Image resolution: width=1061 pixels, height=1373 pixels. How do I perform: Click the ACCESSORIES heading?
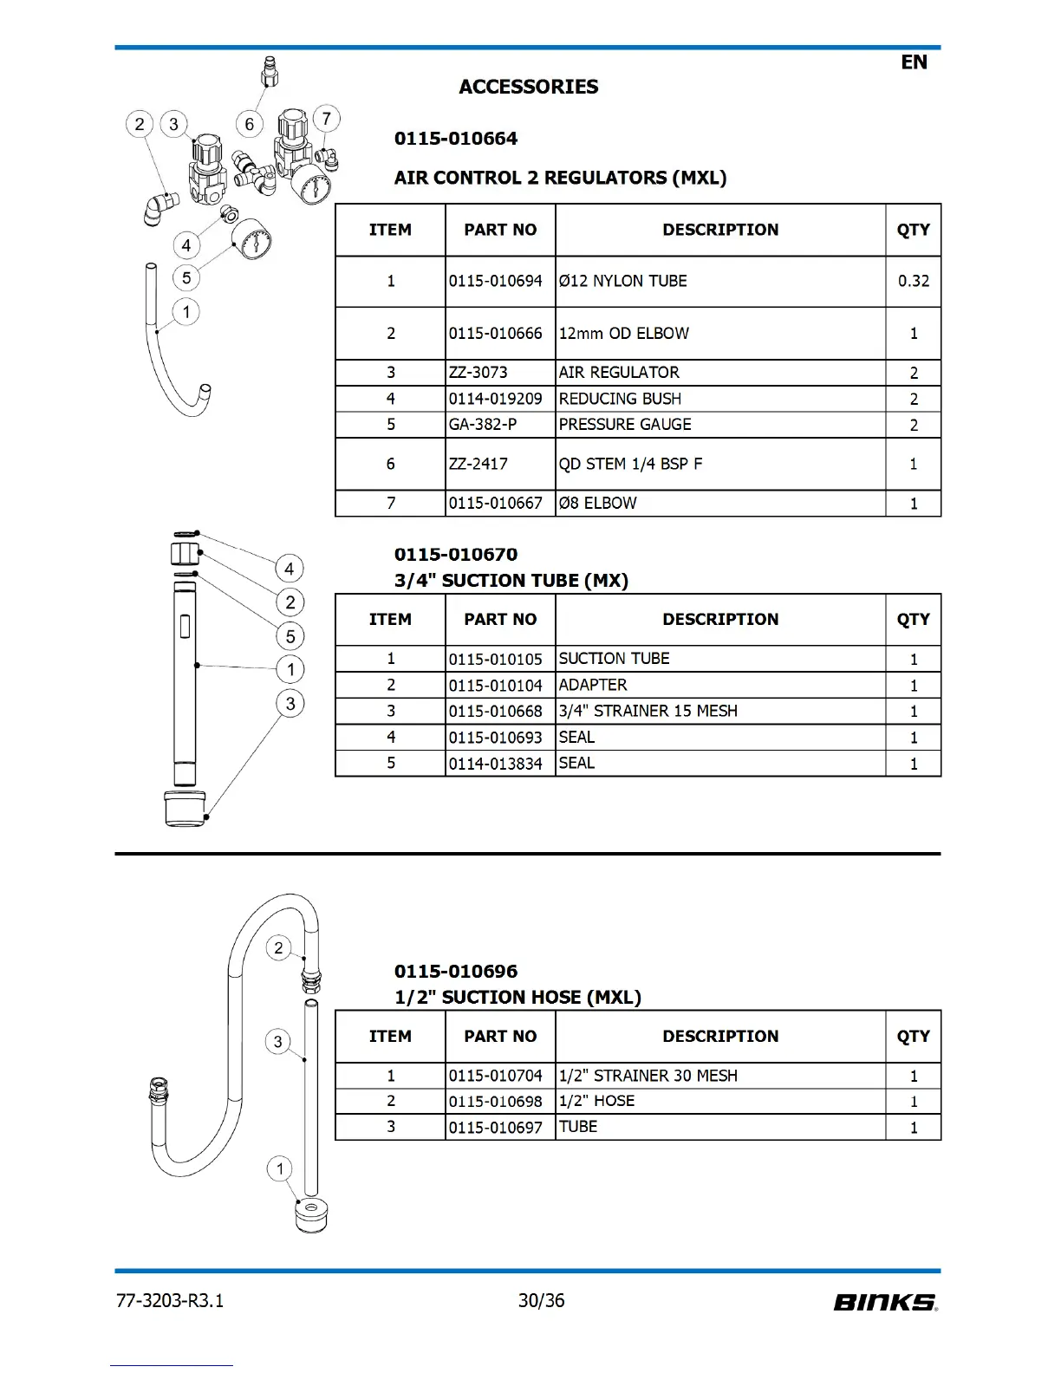pos(528,87)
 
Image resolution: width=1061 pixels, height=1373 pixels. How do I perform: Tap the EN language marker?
pos(914,62)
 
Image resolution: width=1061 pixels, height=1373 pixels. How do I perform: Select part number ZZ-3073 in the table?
pos(478,373)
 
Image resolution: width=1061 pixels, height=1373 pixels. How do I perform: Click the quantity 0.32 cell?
pos(913,281)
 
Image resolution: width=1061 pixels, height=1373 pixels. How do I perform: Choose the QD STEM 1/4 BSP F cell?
pos(630,464)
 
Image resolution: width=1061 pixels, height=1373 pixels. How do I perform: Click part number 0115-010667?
pos(495,504)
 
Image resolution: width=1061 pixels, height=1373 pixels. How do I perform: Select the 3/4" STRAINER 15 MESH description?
pos(648,711)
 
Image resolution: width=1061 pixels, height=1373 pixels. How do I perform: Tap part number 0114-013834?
pos(495,764)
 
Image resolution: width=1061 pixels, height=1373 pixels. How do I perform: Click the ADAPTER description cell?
pos(593,685)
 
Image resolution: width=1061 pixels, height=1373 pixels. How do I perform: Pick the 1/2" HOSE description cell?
pos(596,1101)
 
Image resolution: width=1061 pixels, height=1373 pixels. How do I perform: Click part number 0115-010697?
pos(495,1128)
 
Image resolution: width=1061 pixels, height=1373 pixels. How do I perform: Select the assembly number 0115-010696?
pos(455,972)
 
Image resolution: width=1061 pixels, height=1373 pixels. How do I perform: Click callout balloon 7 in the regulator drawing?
pos(326,119)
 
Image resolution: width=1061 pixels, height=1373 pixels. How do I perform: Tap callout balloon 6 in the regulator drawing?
pos(250,124)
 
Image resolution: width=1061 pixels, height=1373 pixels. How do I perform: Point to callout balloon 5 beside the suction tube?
pos(290,636)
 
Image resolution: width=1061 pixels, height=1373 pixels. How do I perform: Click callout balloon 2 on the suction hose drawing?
pos(278,947)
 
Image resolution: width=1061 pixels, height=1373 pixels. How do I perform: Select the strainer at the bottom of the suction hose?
pos(311,1215)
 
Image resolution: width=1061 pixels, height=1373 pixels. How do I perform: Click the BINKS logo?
pos(885,1302)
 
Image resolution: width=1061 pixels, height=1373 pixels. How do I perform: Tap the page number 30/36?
pos(541,1300)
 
